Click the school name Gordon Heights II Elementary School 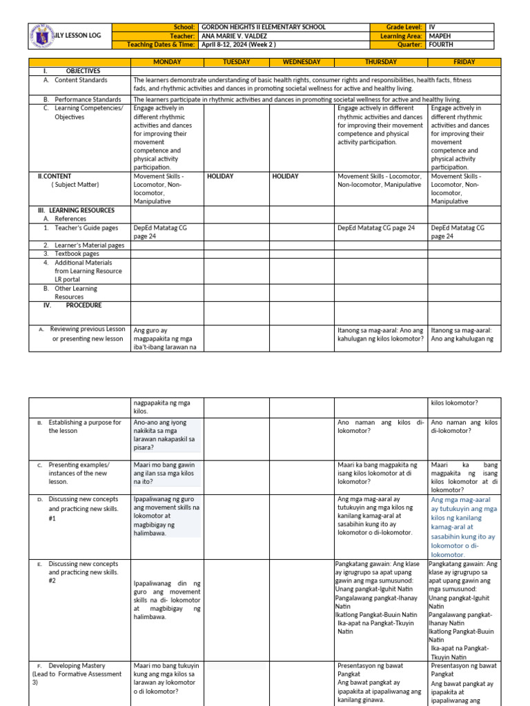pyautogui.click(x=263, y=27)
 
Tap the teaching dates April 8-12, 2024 pyautogui.click(x=239, y=45)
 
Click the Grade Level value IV pyautogui.click(x=433, y=27)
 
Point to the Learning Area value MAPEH pyautogui.click(x=440, y=36)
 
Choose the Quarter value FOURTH pyautogui.click(x=442, y=45)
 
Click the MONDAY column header pyautogui.click(x=167, y=62)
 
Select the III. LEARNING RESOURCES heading pyautogui.click(x=77, y=210)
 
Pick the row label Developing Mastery pyautogui.click(x=77, y=665)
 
